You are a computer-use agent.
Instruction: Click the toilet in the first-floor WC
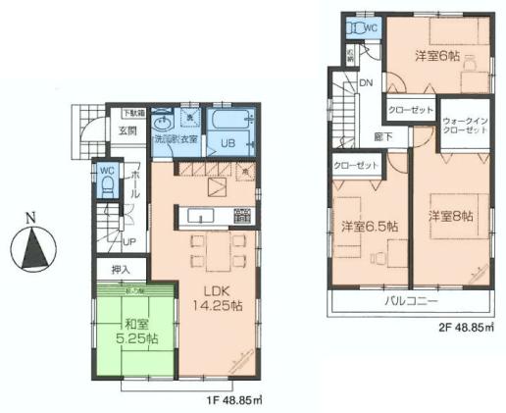pos(109,185)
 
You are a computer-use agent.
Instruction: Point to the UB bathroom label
pos(228,144)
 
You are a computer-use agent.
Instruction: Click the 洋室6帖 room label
pos(436,55)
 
